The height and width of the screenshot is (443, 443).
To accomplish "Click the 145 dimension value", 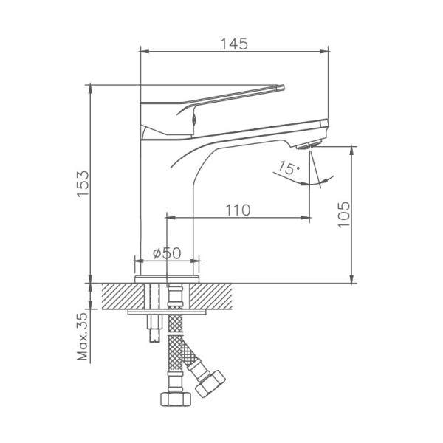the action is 234,44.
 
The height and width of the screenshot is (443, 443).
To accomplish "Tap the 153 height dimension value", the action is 83,184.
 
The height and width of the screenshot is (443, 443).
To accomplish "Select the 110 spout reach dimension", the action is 238,210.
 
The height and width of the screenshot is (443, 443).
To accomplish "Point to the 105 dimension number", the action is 344,214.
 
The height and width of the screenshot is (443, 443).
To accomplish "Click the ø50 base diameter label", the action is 167,253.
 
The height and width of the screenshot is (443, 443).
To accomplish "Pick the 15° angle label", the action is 289,168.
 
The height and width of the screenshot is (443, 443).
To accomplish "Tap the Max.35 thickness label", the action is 83,337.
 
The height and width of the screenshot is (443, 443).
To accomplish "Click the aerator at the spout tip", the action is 308,145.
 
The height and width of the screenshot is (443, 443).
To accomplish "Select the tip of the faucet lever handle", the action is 284,87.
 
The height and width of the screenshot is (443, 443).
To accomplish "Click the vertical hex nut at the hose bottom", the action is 176,399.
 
